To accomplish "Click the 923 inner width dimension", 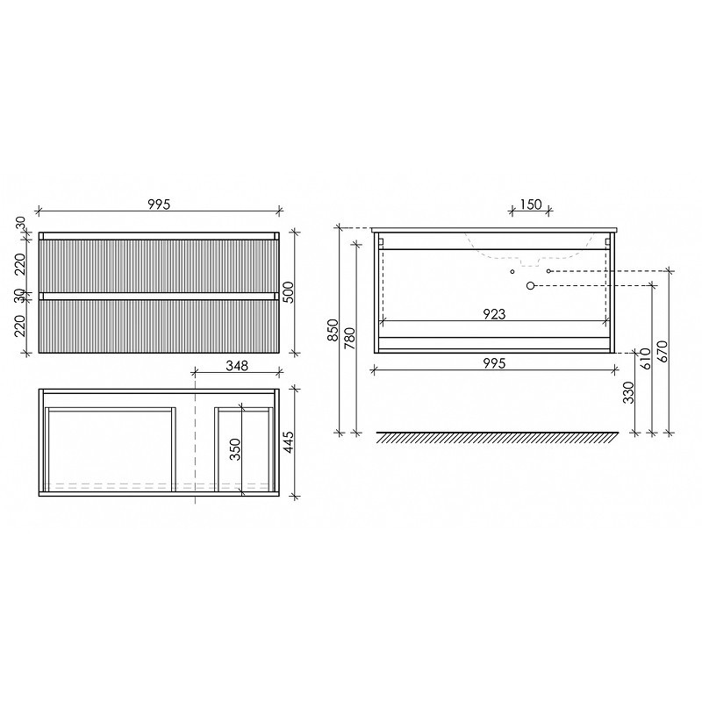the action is click(494, 314).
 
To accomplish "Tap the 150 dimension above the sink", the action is click(531, 204).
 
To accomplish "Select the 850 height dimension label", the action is click(333, 330).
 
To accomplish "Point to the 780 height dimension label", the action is click(349, 339).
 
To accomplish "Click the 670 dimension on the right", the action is click(663, 352).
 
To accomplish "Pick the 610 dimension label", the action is click(646, 359).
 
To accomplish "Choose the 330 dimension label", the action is click(628, 392).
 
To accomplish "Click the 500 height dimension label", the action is click(289, 292).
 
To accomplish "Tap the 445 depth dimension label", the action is click(289, 442).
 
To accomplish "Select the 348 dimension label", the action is click(237, 366).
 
